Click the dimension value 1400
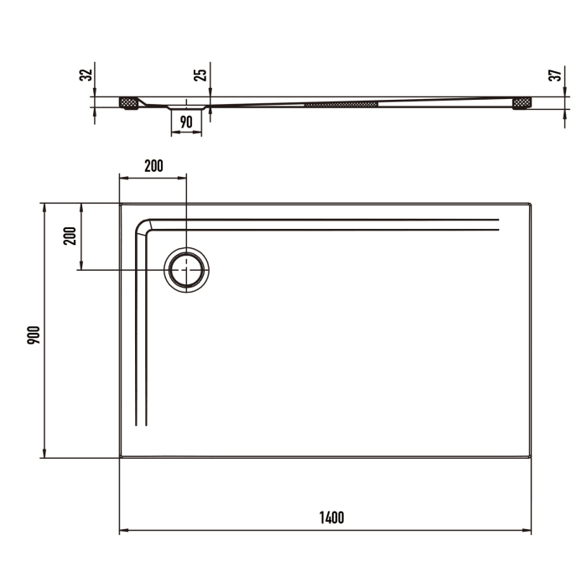[x=331, y=517]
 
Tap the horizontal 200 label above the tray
[x=153, y=166]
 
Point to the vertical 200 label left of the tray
[x=71, y=236]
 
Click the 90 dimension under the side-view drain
[x=186, y=122]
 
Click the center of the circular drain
[x=186, y=270]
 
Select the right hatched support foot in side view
[x=522, y=102]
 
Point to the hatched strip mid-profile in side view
[x=341, y=105]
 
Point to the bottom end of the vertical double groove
[x=142, y=427]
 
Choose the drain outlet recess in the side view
[x=186, y=107]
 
